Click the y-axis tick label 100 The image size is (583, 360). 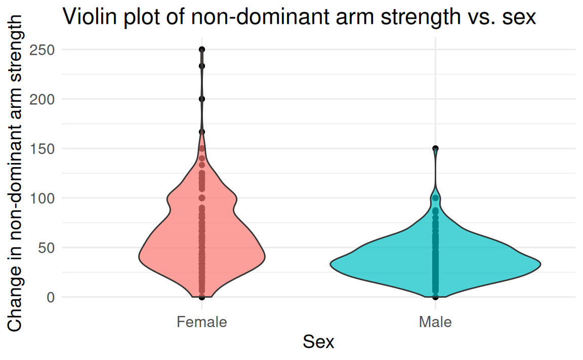[43, 198]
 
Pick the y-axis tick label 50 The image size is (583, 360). [47, 248]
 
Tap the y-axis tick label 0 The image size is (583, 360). [50, 297]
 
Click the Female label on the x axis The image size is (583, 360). [202, 322]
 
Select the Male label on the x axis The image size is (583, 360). [435, 322]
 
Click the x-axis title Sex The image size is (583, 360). [318, 342]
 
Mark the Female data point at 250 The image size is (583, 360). [202, 50]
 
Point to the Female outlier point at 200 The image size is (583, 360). [202, 99]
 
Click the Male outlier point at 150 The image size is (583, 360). [435, 149]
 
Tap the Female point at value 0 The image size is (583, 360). [202, 297]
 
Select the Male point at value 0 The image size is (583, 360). [435, 297]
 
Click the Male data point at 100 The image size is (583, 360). [435, 198]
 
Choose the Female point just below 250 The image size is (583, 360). [202, 66]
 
